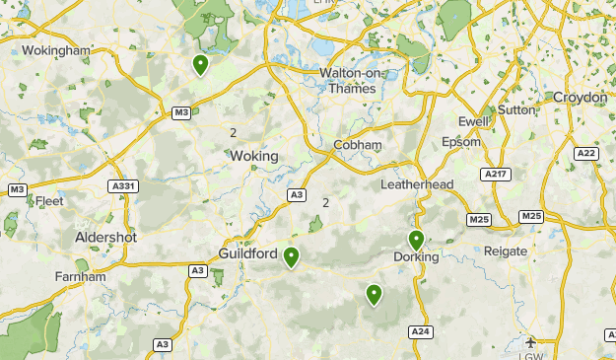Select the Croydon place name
click(x=580, y=98)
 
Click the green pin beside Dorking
click(x=416, y=240)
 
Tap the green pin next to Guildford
click(x=291, y=257)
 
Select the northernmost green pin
click(x=200, y=65)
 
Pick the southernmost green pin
click(x=374, y=294)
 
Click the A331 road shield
click(x=123, y=186)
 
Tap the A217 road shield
click(x=496, y=174)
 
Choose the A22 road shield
click(x=585, y=154)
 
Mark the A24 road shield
click(x=421, y=331)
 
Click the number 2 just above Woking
click(x=234, y=133)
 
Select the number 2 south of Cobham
click(x=325, y=203)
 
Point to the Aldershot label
click(x=105, y=238)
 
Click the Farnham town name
click(x=80, y=277)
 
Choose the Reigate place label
click(x=506, y=252)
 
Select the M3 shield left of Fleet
click(x=17, y=189)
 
